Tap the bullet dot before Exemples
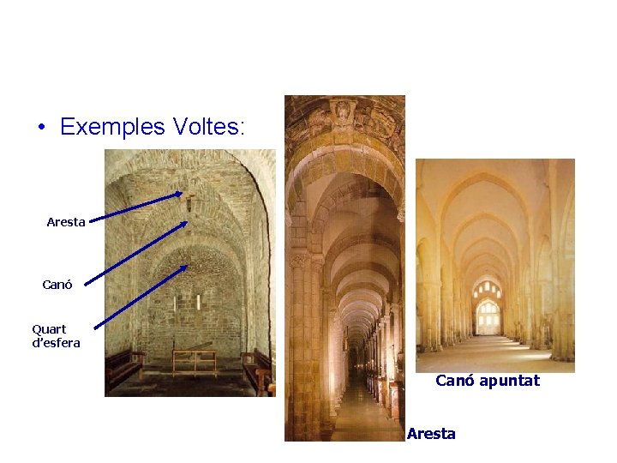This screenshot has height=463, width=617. click(x=41, y=129)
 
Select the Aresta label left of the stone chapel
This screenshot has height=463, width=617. click(x=66, y=222)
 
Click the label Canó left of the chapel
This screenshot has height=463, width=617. click(x=57, y=285)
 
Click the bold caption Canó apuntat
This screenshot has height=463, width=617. click(x=488, y=380)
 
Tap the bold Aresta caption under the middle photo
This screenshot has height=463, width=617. click(x=431, y=434)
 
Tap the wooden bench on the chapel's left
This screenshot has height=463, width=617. click(x=124, y=367)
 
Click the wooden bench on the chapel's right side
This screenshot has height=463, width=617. click(x=257, y=369)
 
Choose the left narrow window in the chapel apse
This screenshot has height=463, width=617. click(x=176, y=303)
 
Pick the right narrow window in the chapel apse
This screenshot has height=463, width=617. click(x=198, y=302)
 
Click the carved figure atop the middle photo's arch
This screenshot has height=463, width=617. click(x=344, y=113)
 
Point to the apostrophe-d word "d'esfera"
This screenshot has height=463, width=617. click(x=56, y=343)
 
